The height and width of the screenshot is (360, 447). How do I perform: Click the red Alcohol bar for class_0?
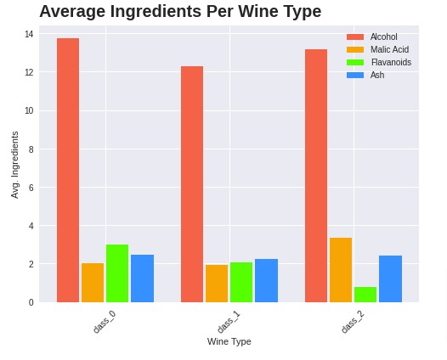coord(68,170)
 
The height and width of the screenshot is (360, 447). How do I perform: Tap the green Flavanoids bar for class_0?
coord(117,273)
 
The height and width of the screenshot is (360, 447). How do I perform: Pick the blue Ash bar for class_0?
coord(142,278)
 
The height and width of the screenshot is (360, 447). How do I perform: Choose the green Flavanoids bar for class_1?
coord(241,282)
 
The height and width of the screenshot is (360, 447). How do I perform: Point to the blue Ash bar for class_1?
coord(266,280)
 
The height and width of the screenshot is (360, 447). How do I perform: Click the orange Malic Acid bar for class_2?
coord(341,270)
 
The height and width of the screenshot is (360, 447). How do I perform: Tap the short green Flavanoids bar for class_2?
coord(365,295)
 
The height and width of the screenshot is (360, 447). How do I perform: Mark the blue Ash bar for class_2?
coord(390,278)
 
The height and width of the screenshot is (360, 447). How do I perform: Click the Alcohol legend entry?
coord(383,37)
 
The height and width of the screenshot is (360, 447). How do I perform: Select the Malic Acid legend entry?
coord(389,50)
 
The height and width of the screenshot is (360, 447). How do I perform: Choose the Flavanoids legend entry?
coord(391,63)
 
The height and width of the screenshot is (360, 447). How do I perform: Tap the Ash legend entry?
coord(376,76)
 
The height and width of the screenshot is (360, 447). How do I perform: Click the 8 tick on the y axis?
coord(30,149)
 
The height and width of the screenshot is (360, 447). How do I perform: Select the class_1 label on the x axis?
coord(228,323)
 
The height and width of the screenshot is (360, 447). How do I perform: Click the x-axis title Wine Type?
coord(229,341)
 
